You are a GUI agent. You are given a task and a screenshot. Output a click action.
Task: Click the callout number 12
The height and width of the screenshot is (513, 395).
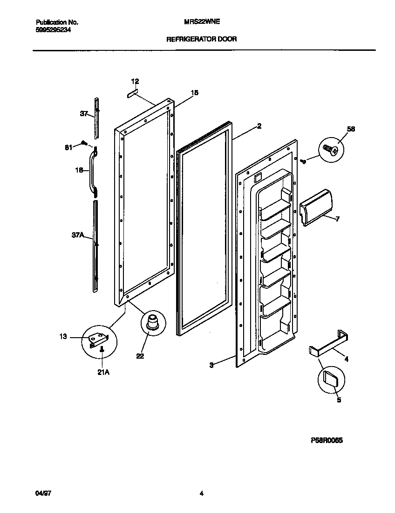click(135, 81)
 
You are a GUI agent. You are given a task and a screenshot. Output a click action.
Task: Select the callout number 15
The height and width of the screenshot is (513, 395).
click(194, 93)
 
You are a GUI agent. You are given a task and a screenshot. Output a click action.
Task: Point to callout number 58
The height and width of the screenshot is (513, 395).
click(351, 129)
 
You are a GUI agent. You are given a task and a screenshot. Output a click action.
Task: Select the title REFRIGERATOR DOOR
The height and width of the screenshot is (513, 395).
click(201, 39)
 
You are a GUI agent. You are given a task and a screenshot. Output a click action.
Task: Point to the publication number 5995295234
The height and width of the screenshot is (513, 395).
click(54, 30)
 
